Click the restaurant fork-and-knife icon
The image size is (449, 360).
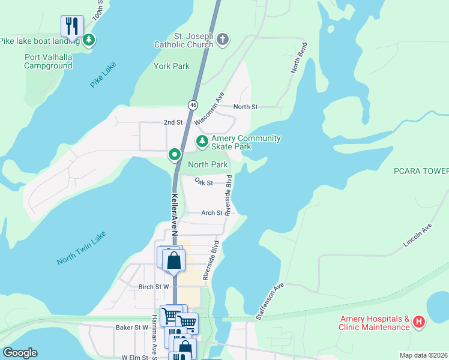pos(72,26)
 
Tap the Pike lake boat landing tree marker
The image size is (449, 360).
pos(89,40)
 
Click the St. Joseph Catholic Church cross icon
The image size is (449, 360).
pos(223,40)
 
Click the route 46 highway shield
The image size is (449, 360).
pos(193,104)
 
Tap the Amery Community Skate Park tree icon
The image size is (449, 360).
pos(202,142)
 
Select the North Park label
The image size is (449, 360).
pos(208,164)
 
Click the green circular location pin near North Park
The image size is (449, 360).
pos(175,155)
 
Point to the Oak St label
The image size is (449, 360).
pos(204,182)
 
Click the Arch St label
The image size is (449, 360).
pos(212,212)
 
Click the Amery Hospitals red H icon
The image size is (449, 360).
pos(419,323)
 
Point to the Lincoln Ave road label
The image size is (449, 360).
pos(418,236)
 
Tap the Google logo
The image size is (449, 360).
pos(20,353)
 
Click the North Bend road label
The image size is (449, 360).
pos(299,58)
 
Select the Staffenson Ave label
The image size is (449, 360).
pos(270,301)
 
